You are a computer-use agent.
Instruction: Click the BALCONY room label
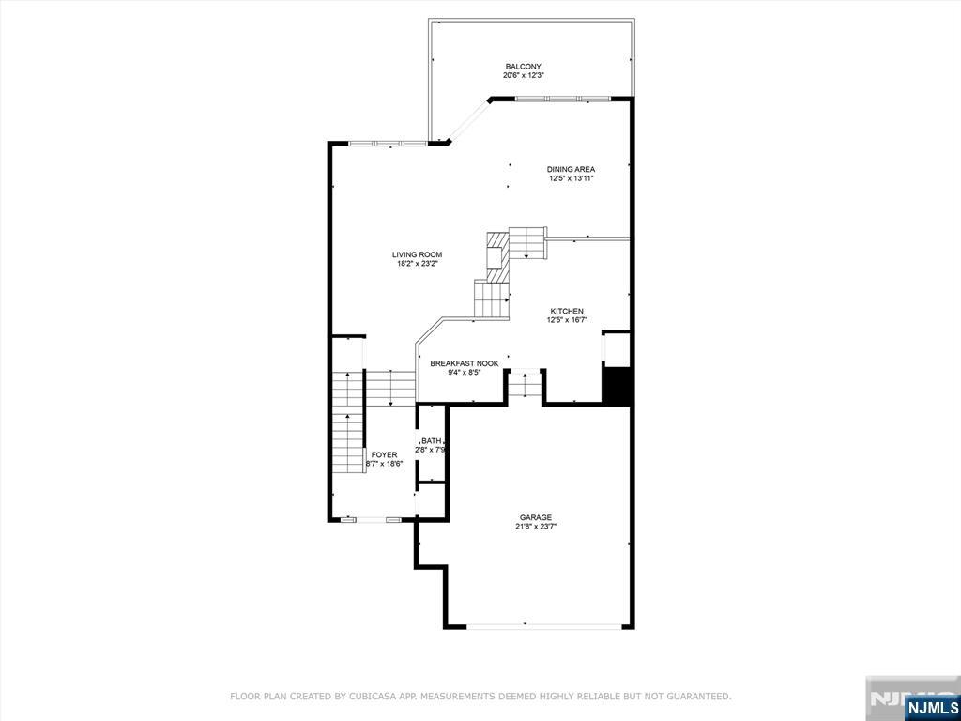523,67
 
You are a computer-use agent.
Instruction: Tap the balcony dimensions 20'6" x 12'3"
523,75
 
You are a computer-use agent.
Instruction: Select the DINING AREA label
572,169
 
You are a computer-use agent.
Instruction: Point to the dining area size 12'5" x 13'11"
572,178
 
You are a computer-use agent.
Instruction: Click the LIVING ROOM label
417,254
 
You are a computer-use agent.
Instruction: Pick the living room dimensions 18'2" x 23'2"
417,264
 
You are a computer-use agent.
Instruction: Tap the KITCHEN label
565,311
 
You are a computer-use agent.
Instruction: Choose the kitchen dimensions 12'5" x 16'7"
565,320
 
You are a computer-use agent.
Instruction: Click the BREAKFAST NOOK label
464,363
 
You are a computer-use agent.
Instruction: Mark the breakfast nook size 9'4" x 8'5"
464,372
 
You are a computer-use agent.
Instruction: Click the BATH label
431,440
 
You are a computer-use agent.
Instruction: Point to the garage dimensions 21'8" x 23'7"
536,526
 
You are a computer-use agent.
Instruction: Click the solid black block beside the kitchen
617,384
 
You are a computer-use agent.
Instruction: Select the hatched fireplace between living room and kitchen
496,256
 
